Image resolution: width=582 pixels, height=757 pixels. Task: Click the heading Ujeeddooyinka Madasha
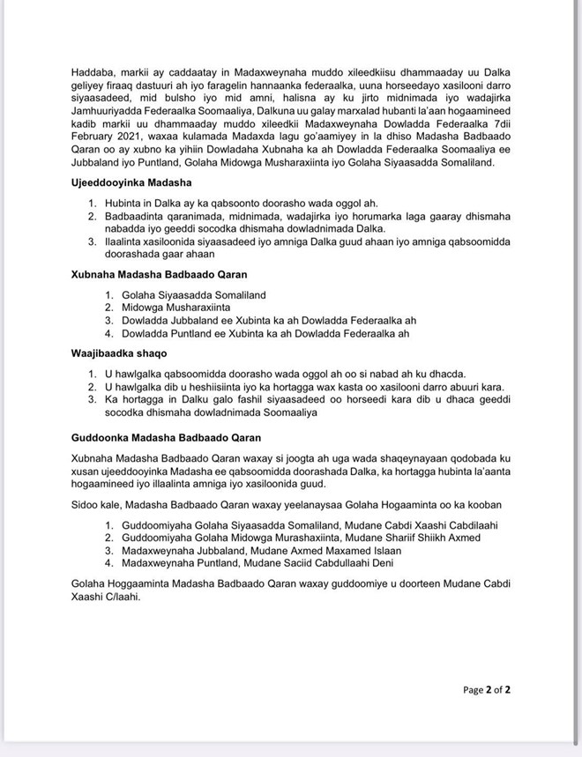[x=131, y=182]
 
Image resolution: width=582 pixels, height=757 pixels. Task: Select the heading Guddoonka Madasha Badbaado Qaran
[x=166, y=437]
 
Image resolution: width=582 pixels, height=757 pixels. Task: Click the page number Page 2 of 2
[x=487, y=690]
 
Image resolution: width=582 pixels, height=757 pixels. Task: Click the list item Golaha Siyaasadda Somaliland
[x=194, y=294]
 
